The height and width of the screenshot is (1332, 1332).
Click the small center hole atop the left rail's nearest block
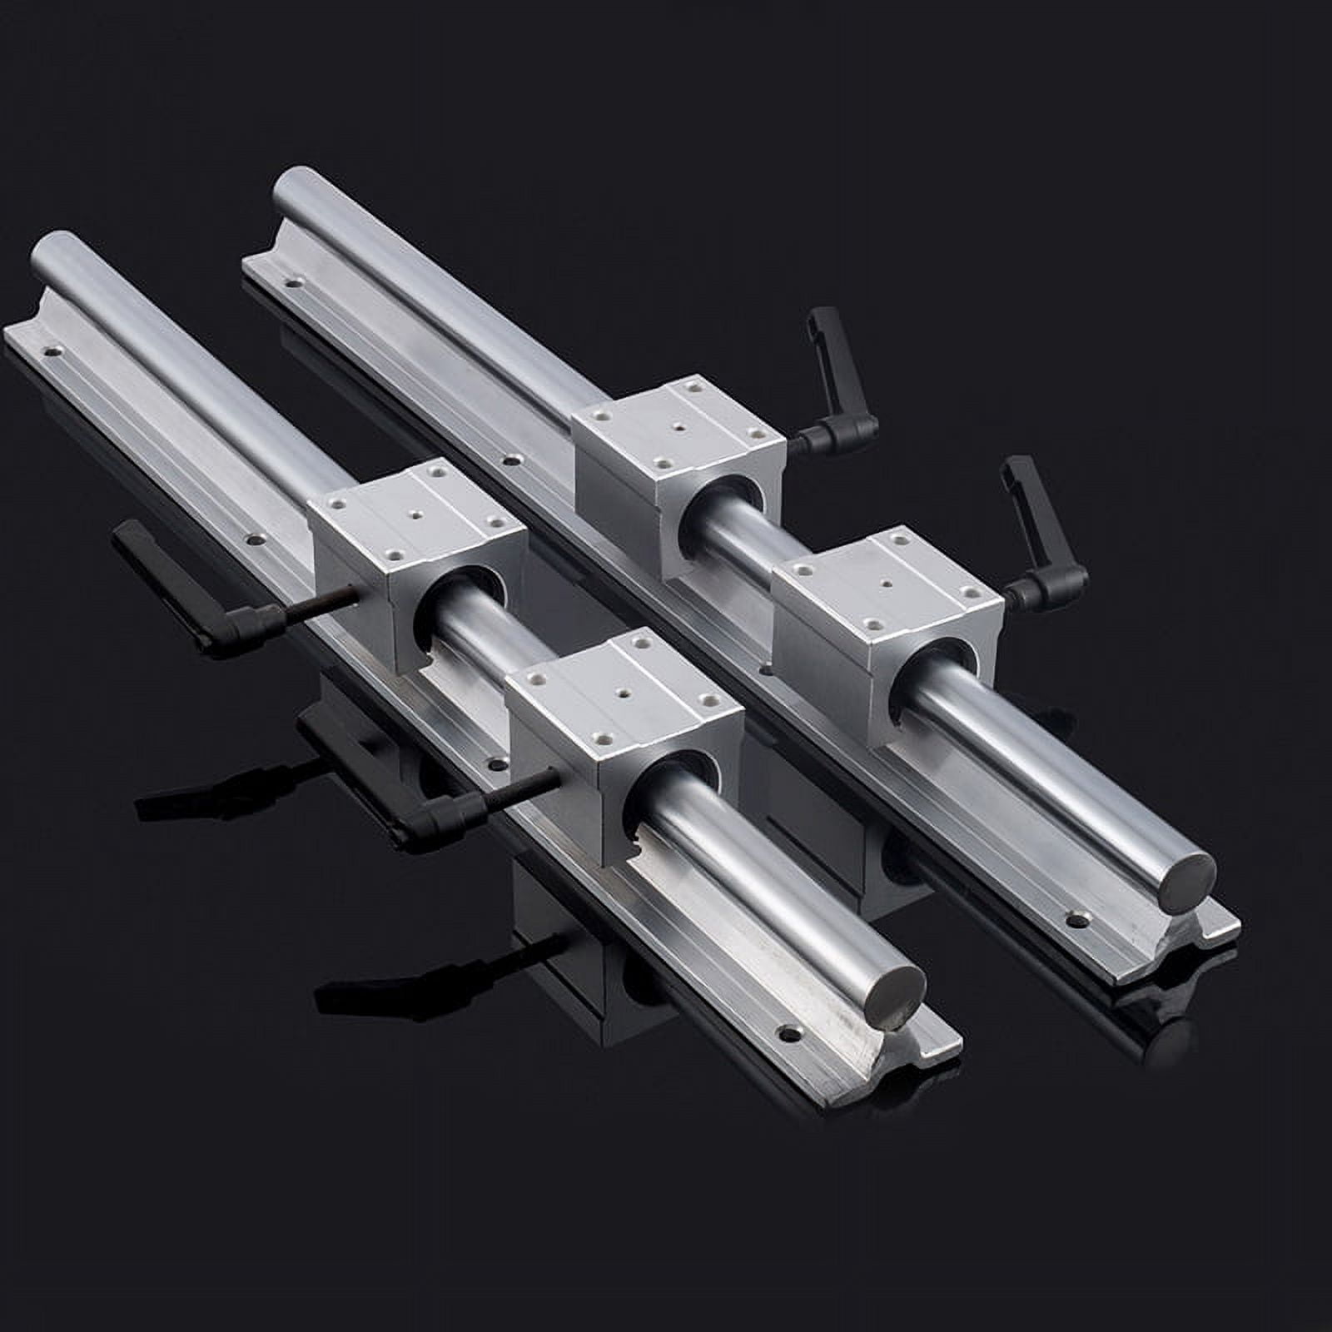tap(622, 690)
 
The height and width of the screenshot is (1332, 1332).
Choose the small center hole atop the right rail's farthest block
tap(681, 428)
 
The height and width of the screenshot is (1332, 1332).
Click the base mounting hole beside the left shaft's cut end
tap(785, 1035)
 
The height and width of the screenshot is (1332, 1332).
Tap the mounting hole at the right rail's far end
tap(291, 283)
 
